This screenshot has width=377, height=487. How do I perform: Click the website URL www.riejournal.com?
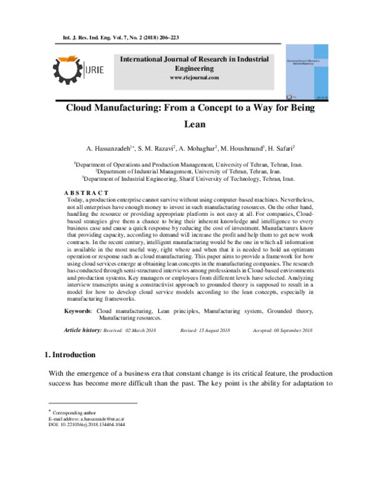(194, 78)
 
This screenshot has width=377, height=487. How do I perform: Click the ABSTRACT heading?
(87, 192)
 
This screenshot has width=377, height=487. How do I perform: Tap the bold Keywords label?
(79, 311)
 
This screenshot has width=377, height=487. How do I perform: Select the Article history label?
(83, 329)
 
